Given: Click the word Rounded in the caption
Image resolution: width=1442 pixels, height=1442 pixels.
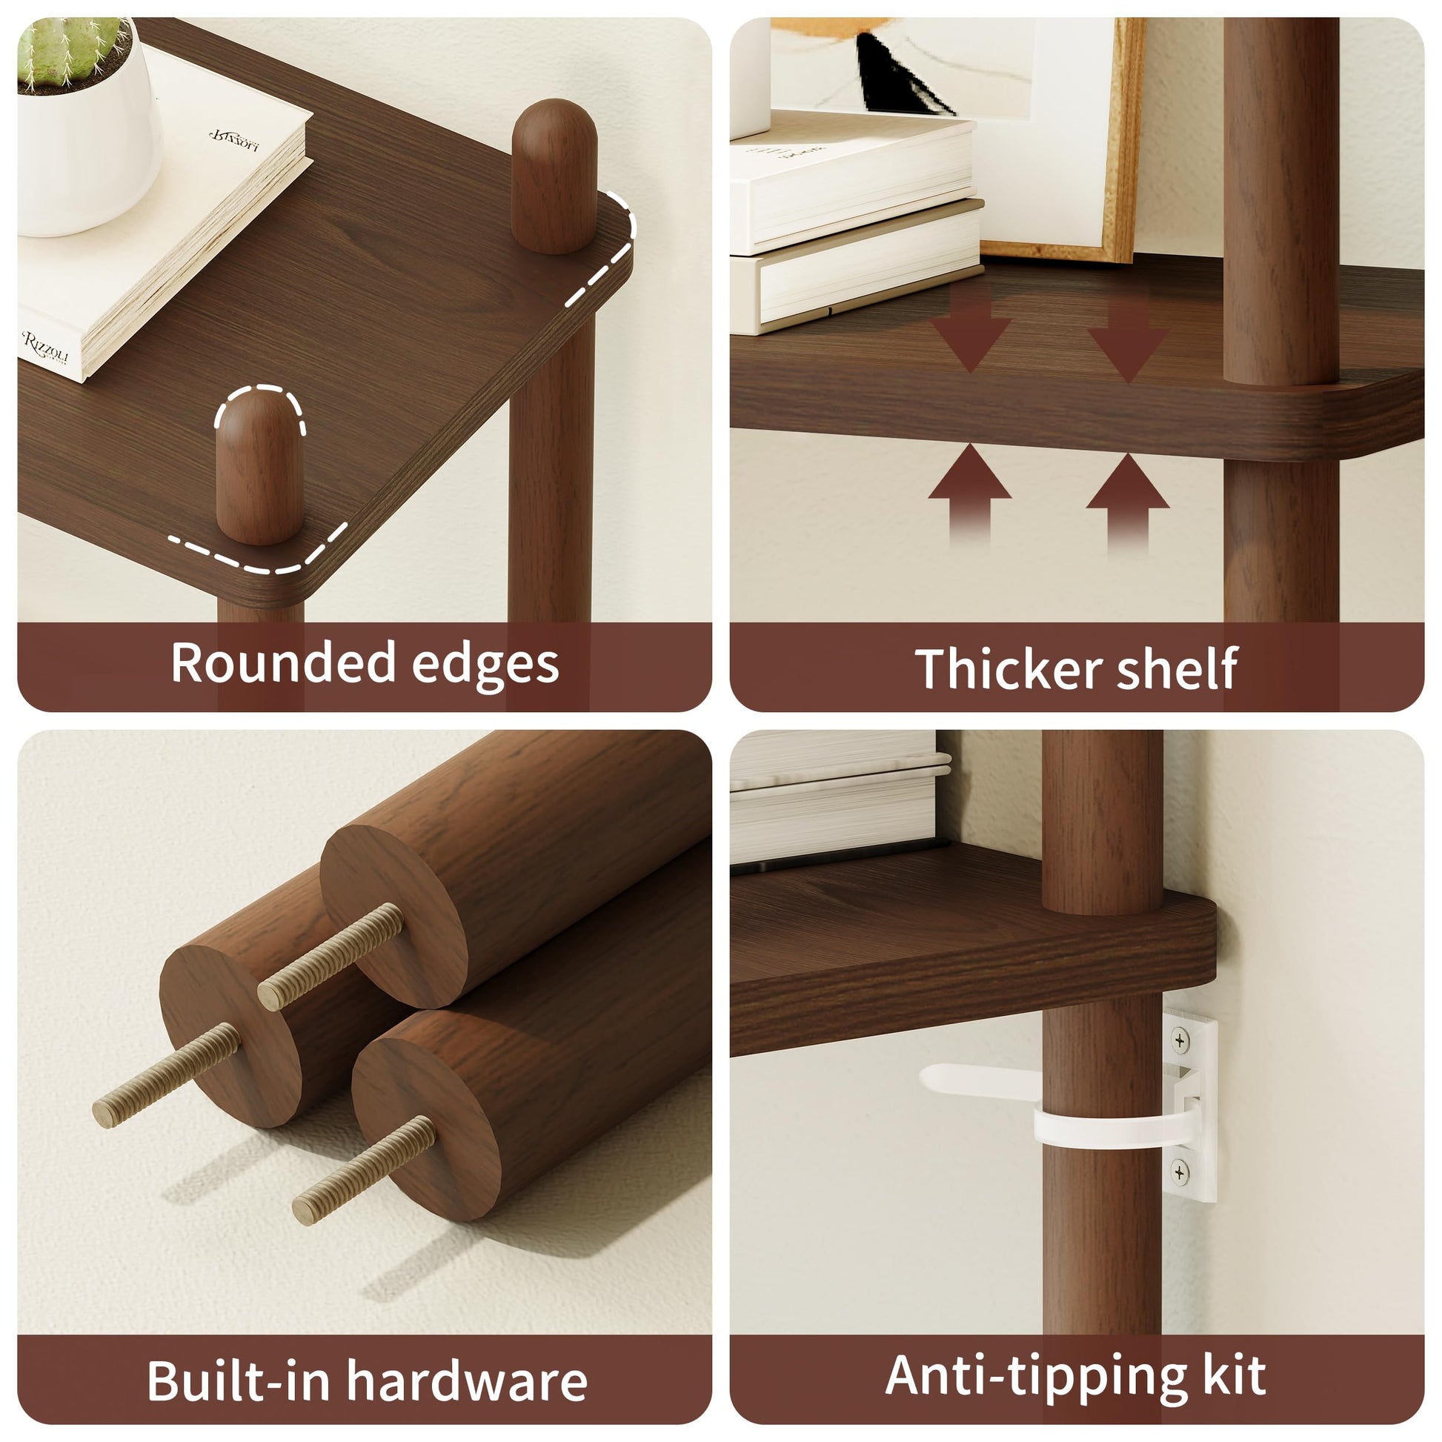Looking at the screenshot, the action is pyautogui.click(x=285, y=662).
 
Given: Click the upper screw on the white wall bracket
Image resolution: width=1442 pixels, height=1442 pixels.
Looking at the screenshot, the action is pyautogui.click(x=1180, y=1040).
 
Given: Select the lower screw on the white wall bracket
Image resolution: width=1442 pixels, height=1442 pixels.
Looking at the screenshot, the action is pyautogui.click(x=1180, y=1172).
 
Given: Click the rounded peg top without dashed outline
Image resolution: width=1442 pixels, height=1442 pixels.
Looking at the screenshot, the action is pyautogui.click(x=554, y=176).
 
